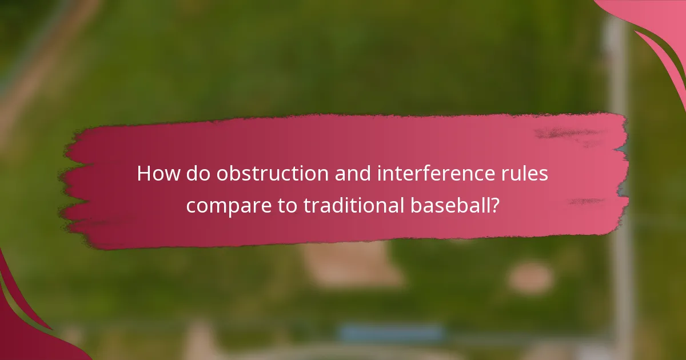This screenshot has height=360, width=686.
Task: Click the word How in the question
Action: point(158,174)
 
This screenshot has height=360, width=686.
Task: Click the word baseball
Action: point(452,206)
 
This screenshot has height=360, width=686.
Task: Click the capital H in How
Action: point(144,174)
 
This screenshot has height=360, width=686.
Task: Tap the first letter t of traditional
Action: point(307,206)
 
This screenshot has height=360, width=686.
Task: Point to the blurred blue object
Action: point(392,333)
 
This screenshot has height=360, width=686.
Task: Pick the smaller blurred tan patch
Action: point(530,278)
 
